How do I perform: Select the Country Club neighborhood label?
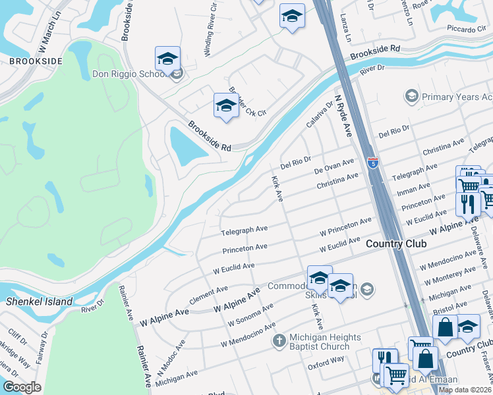pos(395,244)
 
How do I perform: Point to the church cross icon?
pos(279,340)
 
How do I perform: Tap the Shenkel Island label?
pos(33,302)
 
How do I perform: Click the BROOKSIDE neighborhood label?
pos(36,61)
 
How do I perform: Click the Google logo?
pos(22,387)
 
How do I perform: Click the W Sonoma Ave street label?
pos(250,316)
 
